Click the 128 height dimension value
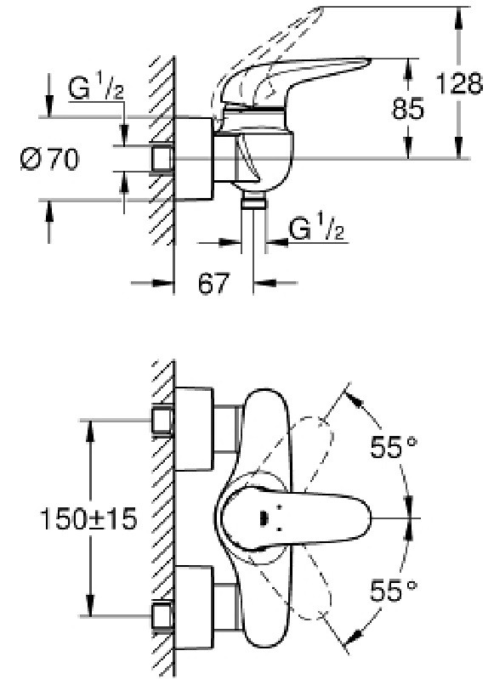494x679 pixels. click(459, 83)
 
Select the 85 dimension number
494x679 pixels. click(408, 108)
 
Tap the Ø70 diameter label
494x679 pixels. click(50, 159)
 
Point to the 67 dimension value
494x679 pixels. click(213, 283)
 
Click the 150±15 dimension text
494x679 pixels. click(88, 518)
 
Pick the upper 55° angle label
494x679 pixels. click(394, 446)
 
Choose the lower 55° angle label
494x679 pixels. click(394, 591)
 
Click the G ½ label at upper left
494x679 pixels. click(96, 88)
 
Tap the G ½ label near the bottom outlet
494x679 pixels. click(317, 229)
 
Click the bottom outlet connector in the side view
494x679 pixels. click(253, 201)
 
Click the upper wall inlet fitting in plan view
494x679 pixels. click(163, 421)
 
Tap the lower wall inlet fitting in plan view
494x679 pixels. click(163, 615)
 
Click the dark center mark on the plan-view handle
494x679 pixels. click(263, 518)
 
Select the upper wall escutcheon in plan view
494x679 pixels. click(194, 428)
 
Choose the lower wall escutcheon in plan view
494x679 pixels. click(194, 607)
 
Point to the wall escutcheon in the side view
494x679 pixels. click(194, 159)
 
